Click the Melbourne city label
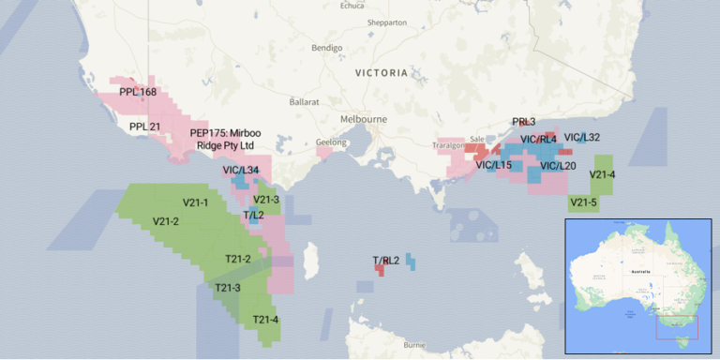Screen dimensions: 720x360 pos(364,120)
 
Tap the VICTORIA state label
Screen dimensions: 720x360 pos(382,72)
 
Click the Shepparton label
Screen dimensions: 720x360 pos(387,22)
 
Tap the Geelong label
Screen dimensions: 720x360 pos(331,142)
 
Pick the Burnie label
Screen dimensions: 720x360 pos(414,345)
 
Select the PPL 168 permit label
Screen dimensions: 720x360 pos(138,92)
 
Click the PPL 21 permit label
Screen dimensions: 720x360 pos(145,127)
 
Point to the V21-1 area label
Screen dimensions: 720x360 pos(195,202)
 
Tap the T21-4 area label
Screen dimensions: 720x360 pos(265,320)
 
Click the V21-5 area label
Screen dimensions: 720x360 pos(583,202)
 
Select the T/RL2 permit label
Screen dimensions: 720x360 pos(386,260)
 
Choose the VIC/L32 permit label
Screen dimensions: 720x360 pos(582,137)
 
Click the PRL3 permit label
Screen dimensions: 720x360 pos(524,122)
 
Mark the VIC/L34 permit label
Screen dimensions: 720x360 pos(241,170)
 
